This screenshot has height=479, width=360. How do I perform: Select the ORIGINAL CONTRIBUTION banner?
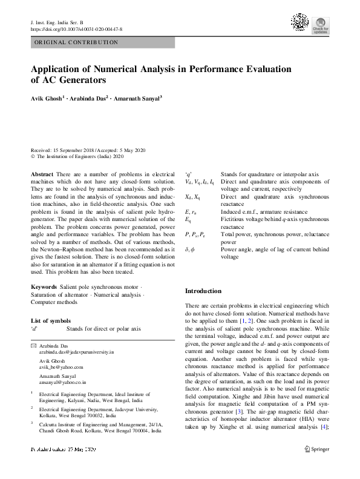click(x=76, y=43)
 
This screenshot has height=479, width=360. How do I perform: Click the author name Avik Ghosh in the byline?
click(x=46, y=97)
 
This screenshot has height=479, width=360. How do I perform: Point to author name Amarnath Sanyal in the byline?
click(x=139, y=97)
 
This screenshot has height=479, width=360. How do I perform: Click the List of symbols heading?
click(x=50, y=320)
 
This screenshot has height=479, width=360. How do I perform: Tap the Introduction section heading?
click(x=203, y=291)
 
